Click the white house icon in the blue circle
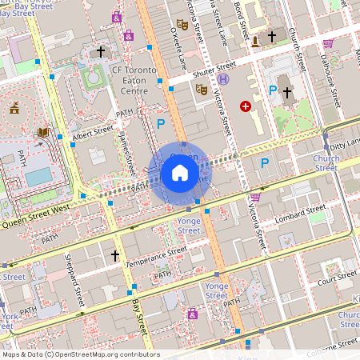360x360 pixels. click(x=179, y=173)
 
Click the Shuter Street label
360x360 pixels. click(x=215, y=70)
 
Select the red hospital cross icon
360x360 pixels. click(x=246, y=106)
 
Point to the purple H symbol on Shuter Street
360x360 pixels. click(x=223, y=80)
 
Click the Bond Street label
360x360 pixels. click(x=237, y=16)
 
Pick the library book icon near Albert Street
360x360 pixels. click(x=43, y=132)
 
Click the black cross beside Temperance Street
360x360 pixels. click(x=114, y=256)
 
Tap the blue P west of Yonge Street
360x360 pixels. click(x=160, y=124)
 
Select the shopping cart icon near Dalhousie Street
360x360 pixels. click(x=327, y=43)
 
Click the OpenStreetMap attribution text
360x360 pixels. click(x=80, y=354)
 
